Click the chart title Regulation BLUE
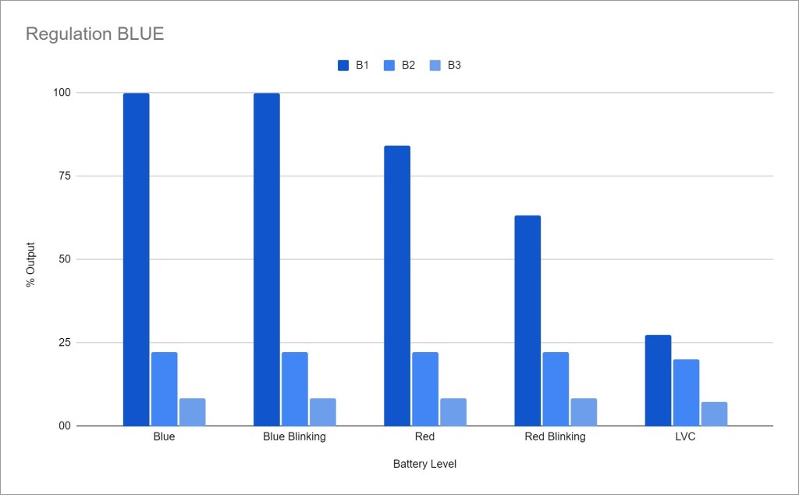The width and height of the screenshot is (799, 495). click(x=94, y=34)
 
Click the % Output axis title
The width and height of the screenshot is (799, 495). click(x=31, y=258)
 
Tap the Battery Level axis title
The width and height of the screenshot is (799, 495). click(x=424, y=464)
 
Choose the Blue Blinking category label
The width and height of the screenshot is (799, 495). click(x=294, y=437)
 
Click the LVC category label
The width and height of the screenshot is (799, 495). click(x=684, y=437)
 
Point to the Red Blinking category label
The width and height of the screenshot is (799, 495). click(x=555, y=437)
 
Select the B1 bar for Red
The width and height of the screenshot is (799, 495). click(x=396, y=286)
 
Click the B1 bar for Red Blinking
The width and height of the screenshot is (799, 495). click(x=527, y=320)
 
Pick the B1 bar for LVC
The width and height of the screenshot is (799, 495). click(x=658, y=380)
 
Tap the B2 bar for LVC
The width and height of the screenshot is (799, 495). click(x=686, y=393)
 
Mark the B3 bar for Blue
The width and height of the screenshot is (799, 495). click(x=192, y=412)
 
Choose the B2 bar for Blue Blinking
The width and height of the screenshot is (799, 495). click(x=295, y=389)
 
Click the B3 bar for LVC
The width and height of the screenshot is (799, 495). click(x=714, y=414)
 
